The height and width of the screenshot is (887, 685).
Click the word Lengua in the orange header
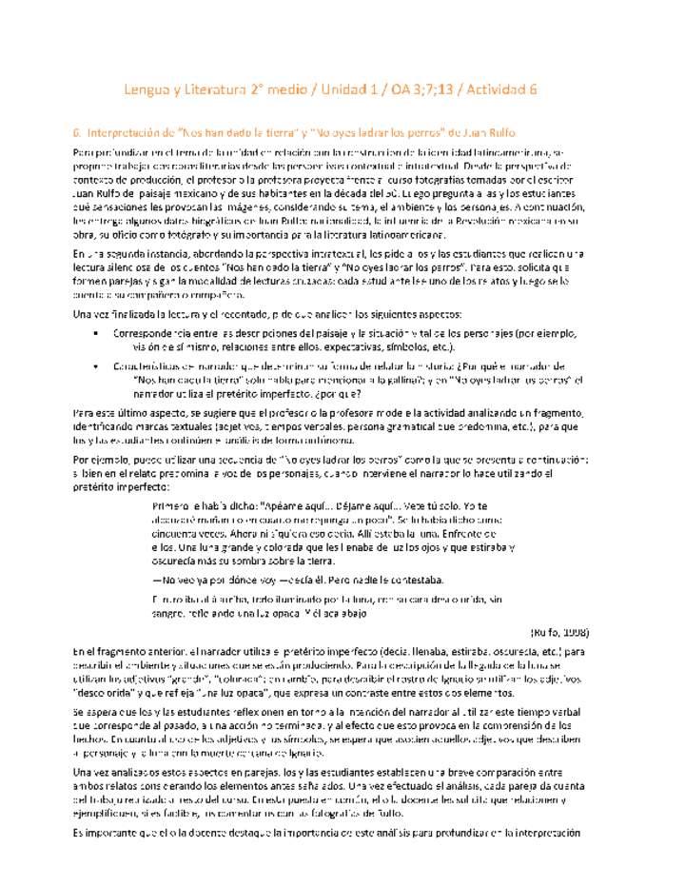(149, 89)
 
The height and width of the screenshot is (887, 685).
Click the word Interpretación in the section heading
(124, 132)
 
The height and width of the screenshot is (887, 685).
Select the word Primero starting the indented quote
(174, 505)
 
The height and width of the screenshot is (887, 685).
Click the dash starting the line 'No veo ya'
(157, 581)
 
